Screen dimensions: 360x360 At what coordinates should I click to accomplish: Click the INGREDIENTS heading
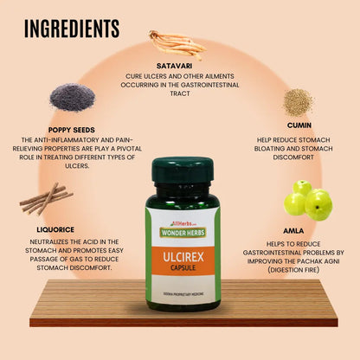point(72,28)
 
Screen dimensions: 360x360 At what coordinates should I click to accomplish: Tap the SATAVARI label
point(180,63)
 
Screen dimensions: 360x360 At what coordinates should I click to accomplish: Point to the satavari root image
point(177,42)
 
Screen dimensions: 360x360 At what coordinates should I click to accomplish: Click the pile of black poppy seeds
point(72,96)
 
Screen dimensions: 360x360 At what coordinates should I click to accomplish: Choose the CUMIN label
point(299,124)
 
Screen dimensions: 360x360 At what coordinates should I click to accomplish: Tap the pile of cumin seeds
point(297,101)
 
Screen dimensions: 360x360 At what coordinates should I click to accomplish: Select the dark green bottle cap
point(181,170)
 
